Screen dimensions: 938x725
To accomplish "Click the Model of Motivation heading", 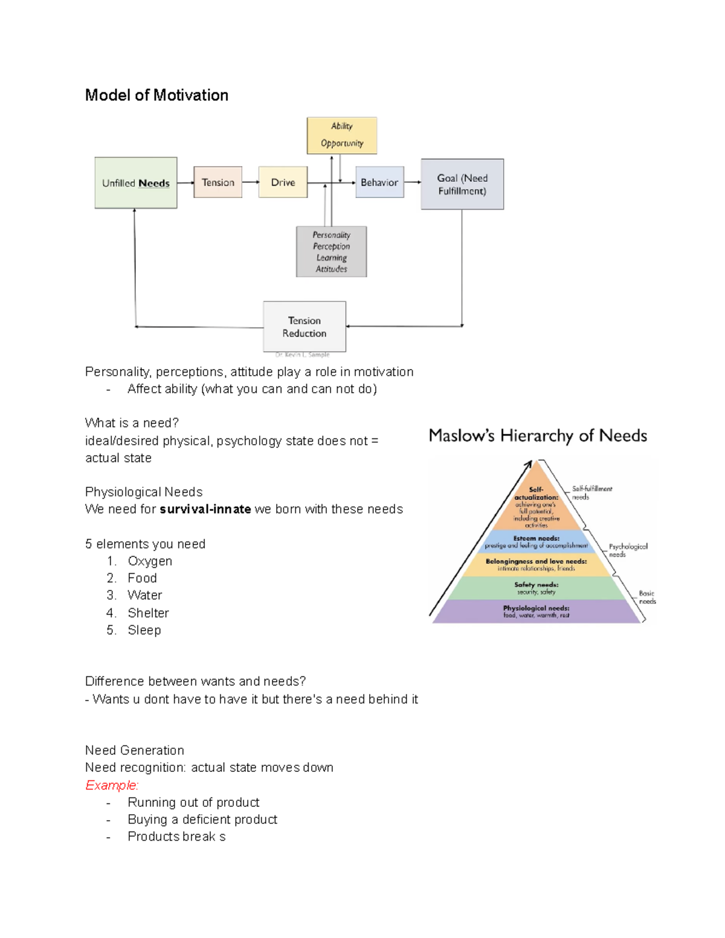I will coord(156,95).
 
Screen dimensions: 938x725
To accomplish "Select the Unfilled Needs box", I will coord(136,183).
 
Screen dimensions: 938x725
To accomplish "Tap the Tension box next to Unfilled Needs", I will coord(217,182).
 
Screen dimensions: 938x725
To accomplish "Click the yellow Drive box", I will coord(283,182).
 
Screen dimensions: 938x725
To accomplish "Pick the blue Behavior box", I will coord(379,182).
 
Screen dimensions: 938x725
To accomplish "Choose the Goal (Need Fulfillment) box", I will coord(462,184).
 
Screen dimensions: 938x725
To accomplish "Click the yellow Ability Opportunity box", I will coord(342,135).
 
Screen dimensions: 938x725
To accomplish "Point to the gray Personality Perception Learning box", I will coord(331,252).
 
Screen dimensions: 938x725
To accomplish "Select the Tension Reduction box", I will coord(304,327).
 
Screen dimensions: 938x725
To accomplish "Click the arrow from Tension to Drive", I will coord(250,182).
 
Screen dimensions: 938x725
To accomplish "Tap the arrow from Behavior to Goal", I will coord(412,182).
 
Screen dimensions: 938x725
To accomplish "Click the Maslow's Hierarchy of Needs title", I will coord(538,435).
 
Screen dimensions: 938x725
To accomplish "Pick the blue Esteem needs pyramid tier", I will coord(536,541).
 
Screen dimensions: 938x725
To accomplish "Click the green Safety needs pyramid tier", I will coord(536,588).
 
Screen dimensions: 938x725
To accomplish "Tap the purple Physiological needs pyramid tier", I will coord(536,611).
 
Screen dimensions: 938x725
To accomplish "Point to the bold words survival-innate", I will coord(205,509).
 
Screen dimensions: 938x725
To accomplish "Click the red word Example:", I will coord(112,785).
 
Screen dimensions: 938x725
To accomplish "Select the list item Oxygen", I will coord(150,561).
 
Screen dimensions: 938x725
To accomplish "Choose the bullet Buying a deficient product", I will coord(202,820).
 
